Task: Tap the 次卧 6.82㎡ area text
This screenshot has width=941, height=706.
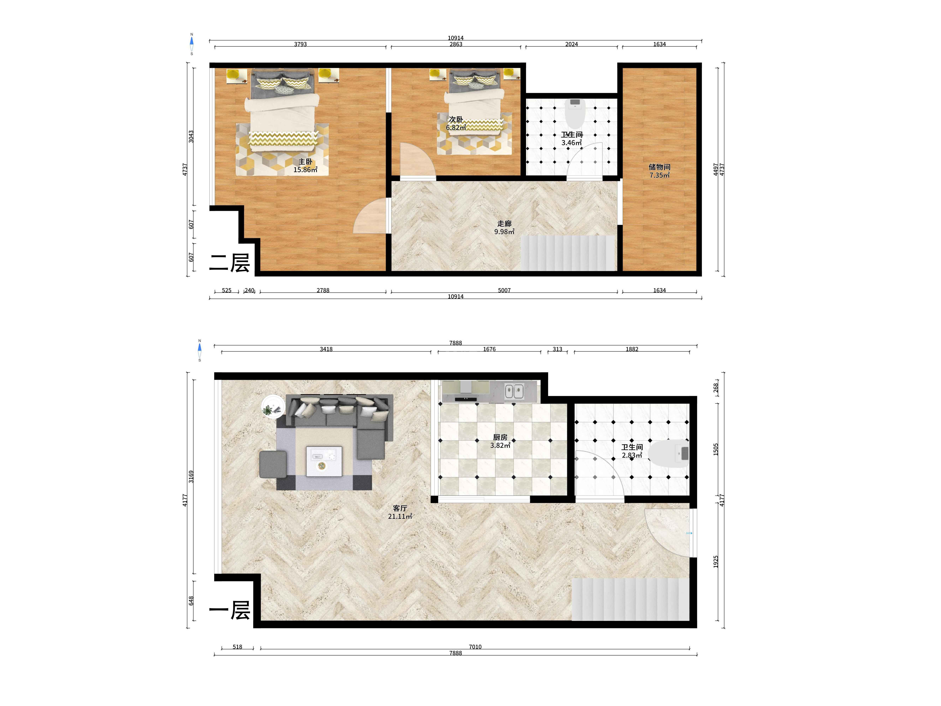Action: (x=456, y=127)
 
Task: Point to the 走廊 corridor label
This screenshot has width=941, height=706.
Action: (x=504, y=223)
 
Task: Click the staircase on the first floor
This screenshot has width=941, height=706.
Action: (x=630, y=599)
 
